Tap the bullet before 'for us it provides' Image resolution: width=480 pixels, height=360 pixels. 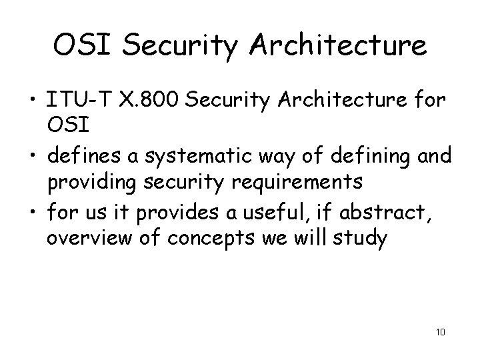tap(33, 211)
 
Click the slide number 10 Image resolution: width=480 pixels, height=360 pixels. tap(439, 331)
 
